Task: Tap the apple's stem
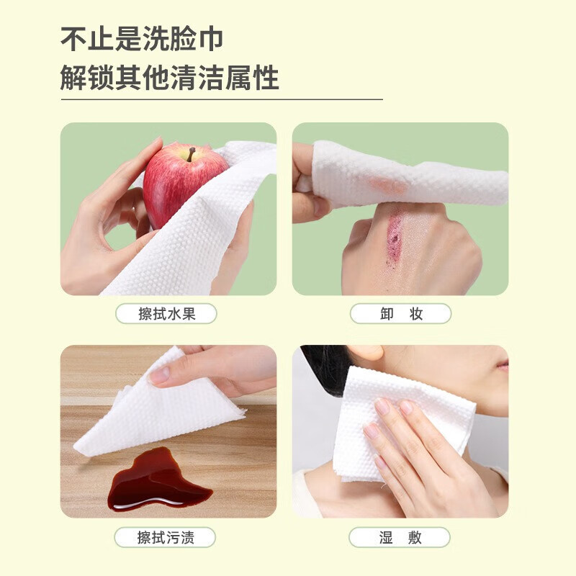coord(192,153)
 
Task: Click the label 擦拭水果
coord(166,314)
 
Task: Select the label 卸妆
coord(400,314)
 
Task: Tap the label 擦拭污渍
coord(166,537)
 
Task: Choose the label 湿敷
coord(400,537)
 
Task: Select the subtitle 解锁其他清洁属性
coord(170,77)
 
